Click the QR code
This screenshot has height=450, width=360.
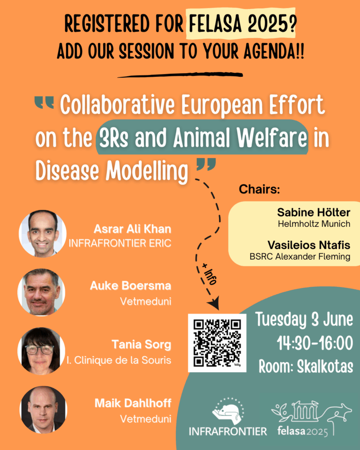(217, 343)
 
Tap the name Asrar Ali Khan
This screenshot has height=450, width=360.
(132, 229)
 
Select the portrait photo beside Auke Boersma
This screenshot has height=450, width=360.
(41, 292)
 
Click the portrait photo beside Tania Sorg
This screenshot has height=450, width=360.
(41, 351)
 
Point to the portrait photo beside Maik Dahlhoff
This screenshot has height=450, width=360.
(43, 410)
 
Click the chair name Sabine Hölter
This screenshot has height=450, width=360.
(314, 212)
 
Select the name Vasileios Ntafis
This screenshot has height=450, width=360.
(309, 245)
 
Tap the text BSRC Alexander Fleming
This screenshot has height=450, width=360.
(300, 256)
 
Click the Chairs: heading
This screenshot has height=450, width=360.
(259, 189)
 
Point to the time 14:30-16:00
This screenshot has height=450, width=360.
(315, 343)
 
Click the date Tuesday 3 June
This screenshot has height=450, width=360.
(304, 319)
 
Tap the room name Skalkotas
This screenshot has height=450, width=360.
(325, 367)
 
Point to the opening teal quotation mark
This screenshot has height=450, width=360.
(44, 103)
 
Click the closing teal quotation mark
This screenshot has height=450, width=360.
(206, 165)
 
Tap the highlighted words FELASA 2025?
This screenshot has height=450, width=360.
(241, 24)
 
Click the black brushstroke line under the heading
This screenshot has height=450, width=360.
(180, 75)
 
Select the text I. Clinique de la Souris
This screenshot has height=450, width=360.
(119, 360)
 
